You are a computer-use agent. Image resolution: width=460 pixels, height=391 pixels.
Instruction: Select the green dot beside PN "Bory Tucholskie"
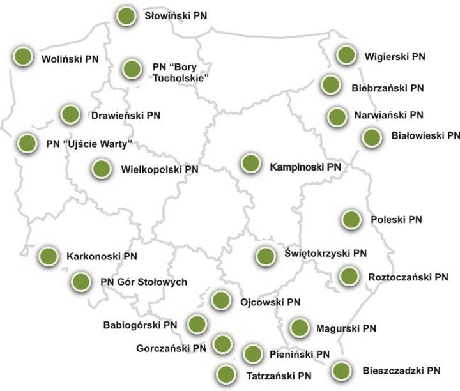(x=132, y=69)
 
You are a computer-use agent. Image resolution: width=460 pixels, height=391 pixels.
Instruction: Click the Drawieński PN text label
(x=125, y=116)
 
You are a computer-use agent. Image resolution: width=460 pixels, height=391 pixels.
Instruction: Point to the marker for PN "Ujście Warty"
(x=26, y=143)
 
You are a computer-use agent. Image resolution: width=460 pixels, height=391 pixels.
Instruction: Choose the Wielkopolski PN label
(x=159, y=170)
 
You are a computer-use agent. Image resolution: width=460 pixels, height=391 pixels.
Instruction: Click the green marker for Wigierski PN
(x=346, y=56)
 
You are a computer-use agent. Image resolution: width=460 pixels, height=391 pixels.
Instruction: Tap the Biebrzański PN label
(x=388, y=87)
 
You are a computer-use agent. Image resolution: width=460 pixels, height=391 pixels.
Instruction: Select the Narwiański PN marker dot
(x=337, y=117)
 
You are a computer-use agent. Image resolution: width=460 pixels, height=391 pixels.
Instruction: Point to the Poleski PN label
(x=396, y=220)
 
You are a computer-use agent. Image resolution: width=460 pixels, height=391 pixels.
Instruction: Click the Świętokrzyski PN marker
(x=265, y=256)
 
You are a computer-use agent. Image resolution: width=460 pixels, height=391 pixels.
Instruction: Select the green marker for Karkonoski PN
(x=49, y=256)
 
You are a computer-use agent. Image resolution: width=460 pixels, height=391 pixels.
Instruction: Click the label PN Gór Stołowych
(x=143, y=281)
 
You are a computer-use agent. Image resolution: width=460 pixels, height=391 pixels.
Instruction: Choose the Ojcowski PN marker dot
(x=220, y=299)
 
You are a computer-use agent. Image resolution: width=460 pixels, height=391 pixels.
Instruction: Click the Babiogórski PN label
(x=140, y=325)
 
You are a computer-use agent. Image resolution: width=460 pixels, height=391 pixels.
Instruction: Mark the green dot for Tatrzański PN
(x=224, y=374)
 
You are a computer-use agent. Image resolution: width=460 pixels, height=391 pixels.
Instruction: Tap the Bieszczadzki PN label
(x=401, y=371)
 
